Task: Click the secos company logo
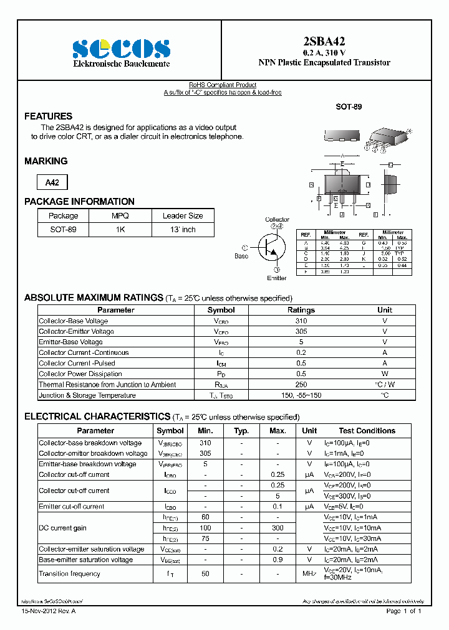pyautogui.click(x=121, y=49)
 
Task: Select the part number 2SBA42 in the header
pyautogui.click(x=324, y=42)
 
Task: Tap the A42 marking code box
pyautogui.click(x=52, y=182)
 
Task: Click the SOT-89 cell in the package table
pyautogui.click(x=63, y=229)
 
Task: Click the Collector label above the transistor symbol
pyautogui.click(x=277, y=220)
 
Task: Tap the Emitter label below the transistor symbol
pyautogui.click(x=277, y=278)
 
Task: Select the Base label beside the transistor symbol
pyautogui.click(x=241, y=256)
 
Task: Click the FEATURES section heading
pyautogui.click(x=48, y=116)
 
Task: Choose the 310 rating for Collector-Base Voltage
pyautogui.click(x=301, y=321)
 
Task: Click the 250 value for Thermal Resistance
pyautogui.click(x=301, y=385)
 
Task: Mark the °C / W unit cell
pyautogui.click(x=385, y=385)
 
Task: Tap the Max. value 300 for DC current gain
pyautogui.click(x=278, y=528)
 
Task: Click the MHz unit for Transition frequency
pyautogui.click(x=309, y=574)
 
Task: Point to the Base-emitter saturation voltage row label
pyautogui.click(x=85, y=560)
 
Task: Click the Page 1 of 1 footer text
pyautogui.click(x=404, y=611)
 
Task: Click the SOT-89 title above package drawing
pyautogui.click(x=349, y=106)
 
